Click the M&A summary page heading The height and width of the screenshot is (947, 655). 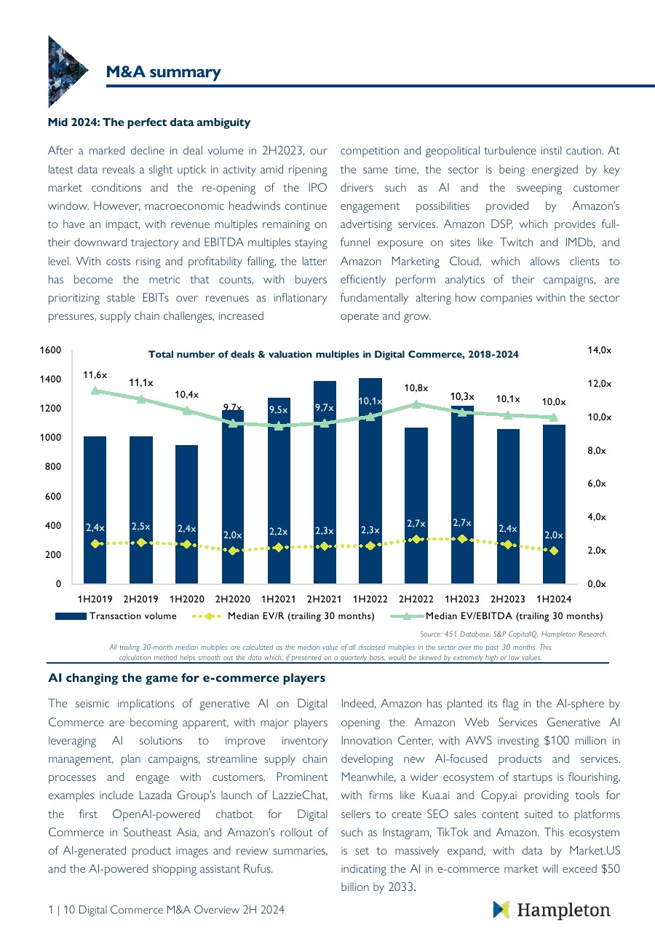163,71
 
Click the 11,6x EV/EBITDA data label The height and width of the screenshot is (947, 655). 95,374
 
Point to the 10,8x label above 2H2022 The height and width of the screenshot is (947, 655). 416,388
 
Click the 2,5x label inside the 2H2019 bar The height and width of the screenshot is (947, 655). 140,525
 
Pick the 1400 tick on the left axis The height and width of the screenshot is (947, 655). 51,380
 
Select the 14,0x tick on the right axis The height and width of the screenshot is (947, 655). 600,350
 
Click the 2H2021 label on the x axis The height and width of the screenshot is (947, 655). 324,599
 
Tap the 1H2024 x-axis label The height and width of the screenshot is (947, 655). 554,599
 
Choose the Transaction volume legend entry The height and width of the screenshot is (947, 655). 116,616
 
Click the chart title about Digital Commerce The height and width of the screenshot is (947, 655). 333,355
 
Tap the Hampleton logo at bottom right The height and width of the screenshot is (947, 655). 552,910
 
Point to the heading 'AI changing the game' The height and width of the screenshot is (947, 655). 186,678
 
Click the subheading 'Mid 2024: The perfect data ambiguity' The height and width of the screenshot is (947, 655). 149,122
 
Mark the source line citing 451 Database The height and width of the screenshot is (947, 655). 514,634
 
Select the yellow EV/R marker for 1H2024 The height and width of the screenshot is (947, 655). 554,551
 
